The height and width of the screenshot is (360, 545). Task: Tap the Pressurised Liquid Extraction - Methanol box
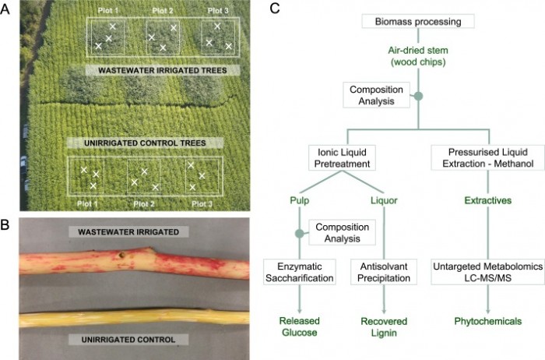point(488,154)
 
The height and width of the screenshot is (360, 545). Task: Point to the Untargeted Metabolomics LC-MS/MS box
point(488,272)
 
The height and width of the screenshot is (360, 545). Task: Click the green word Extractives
point(488,201)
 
